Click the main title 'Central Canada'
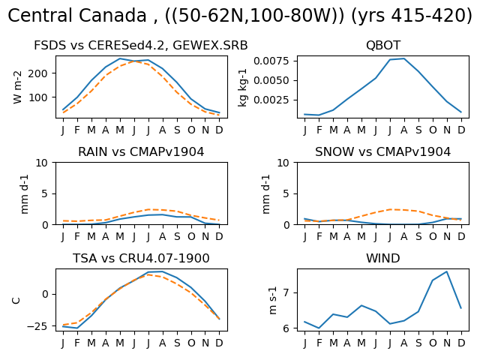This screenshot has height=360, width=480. click(77, 15)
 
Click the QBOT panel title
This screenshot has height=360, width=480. click(383, 45)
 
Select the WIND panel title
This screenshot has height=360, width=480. click(383, 258)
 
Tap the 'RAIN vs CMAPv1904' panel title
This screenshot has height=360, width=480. click(141, 151)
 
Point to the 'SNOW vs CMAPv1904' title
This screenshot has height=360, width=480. click(383, 151)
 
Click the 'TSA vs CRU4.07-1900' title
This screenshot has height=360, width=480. click(141, 258)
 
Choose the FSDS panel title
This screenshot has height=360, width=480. click(141, 45)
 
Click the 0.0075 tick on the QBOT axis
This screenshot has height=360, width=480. click(271, 61)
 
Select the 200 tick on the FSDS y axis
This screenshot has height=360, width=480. click(38, 73)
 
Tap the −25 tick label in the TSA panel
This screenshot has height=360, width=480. click(37, 326)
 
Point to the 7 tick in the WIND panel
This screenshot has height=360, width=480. click(286, 293)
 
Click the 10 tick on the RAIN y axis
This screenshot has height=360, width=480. click(42, 163)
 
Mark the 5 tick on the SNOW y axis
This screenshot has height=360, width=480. click(286, 193)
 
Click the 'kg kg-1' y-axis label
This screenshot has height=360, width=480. click(241, 87)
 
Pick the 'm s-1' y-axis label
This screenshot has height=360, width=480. click(272, 300)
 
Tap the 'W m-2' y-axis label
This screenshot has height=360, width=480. click(17, 87)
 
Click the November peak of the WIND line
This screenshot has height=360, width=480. click(447, 271)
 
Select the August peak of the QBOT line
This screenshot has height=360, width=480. click(404, 58)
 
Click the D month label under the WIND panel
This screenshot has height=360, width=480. click(461, 343)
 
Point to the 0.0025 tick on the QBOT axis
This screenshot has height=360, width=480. click(271, 100)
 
